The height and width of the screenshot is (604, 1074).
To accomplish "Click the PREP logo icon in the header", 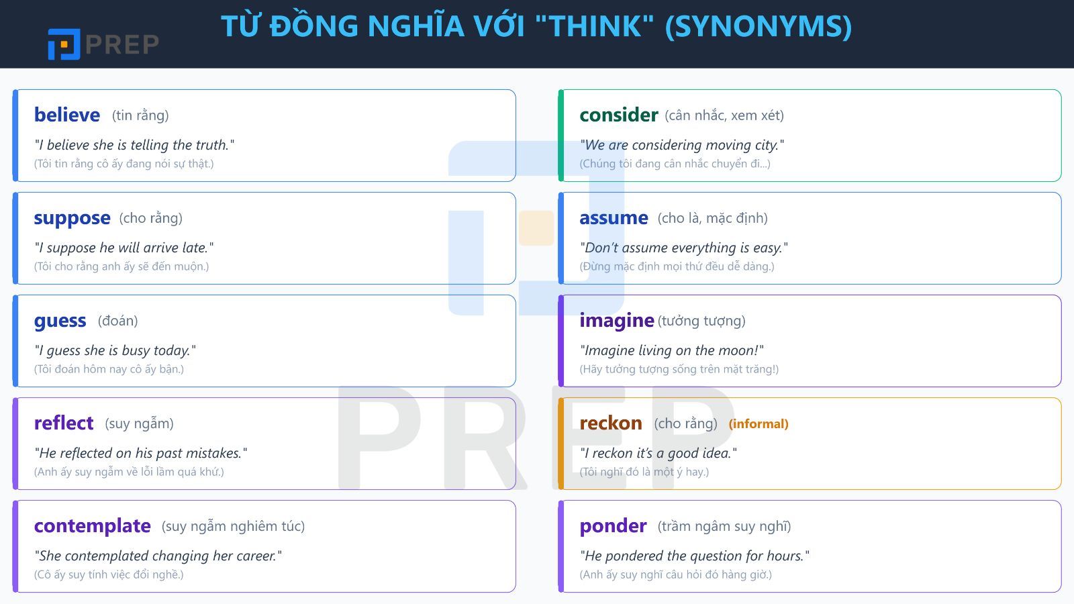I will coord(64,44).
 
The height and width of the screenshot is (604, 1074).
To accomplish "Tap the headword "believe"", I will coord(67,115).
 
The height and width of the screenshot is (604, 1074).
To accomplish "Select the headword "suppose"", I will coord(72,218).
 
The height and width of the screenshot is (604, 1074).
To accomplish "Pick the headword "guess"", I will coord(60,321).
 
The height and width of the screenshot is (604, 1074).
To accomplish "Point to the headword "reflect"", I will coord(64,423).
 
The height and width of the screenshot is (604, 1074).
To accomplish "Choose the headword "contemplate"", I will coord(92,526).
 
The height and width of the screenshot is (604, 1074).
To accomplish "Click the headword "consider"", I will coord(618,115).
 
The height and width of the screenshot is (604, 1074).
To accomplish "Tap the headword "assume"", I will coord(614,218).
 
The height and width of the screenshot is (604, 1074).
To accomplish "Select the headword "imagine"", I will coord(616,321).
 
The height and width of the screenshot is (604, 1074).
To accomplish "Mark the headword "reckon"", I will coord(610,423).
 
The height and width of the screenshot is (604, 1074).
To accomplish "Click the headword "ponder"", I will coord(613,526).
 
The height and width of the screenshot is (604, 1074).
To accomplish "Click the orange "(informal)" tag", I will coord(759,423).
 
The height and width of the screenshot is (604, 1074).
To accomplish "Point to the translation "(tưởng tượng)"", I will coord(701,321).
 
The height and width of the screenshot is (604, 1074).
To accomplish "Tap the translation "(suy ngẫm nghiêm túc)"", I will coord(233,526).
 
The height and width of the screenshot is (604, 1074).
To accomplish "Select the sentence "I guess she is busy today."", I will coord(115,350).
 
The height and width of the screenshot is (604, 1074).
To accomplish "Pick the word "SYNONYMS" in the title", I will coord(759,26).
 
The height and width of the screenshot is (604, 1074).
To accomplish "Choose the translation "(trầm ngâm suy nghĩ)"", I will coord(724,526).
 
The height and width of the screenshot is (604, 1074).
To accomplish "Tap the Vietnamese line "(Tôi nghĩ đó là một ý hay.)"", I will coord(644,472).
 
